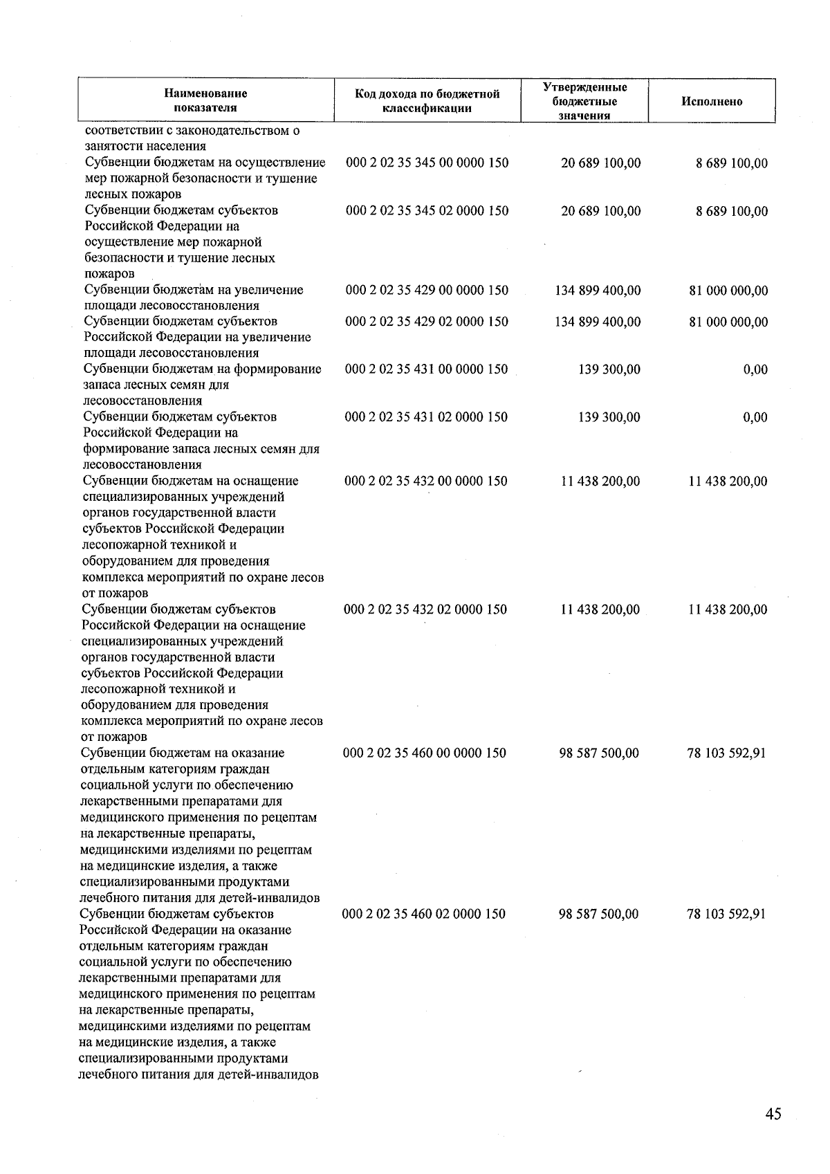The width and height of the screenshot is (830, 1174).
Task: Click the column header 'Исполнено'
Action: tap(712, 102)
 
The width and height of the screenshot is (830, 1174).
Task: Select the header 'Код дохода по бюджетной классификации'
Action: tap(427, 101)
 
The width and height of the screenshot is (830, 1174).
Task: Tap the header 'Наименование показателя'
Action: tap(205, 100)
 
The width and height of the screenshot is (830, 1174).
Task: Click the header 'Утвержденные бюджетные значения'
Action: tap(584, 101)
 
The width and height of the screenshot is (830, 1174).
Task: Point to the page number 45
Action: tap(773, 1114)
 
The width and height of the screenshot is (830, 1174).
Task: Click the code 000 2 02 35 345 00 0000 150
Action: tap(427, 163)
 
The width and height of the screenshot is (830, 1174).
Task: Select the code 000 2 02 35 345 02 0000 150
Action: tap(427, 211)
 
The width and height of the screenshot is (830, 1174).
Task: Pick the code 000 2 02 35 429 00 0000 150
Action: tap(427, 291)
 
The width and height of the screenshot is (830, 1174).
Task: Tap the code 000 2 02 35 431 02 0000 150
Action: tap(426, 417)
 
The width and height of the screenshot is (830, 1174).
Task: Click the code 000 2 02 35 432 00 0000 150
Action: tap(426, 481)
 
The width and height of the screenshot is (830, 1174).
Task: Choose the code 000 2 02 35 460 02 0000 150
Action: tap(424, 914)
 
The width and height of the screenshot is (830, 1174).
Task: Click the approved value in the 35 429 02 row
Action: tap(598, 322)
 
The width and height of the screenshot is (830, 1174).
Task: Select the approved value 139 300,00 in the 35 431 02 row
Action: tap(609, 417)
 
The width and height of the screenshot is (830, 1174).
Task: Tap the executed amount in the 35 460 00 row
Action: tap(726, 753)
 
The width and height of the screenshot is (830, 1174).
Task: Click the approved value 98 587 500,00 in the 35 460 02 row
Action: tap(598, 914)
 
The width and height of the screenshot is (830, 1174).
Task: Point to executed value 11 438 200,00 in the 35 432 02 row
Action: tap(728, 609)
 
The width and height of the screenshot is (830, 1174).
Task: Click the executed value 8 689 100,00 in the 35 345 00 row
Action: tap(731, 164)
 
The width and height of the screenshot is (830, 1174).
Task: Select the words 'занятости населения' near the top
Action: tap(145, 146)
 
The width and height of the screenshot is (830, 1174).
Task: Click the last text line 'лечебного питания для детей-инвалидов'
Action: tap(199, 1074)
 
